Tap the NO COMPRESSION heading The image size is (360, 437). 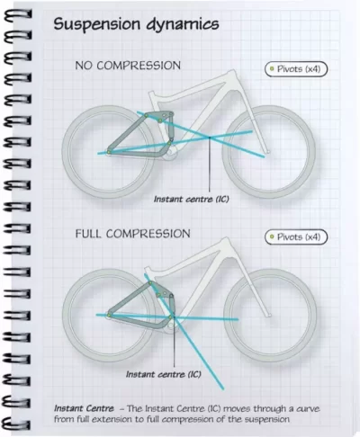coord(128,66)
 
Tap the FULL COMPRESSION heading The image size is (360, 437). coord(132,234)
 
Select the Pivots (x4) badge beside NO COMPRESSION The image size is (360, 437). coord(296,69)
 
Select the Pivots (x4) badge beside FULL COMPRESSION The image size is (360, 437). coord(296,237)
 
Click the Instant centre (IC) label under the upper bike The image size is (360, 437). coord(192,199)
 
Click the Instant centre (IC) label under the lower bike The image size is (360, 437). coord(164,374)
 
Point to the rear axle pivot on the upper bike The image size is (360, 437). coord(109,152)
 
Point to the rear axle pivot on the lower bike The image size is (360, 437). coord(109,316)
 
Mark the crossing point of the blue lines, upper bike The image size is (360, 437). coord(210,138)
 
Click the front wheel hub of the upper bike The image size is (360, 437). coord(268,152)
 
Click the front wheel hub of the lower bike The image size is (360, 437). coord(269,316)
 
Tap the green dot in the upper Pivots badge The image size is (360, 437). coord(272,68)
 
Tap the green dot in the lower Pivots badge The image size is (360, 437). coord(272,236)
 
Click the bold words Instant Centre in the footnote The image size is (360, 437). coord(84,408)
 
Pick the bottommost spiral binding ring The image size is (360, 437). coord(16,424)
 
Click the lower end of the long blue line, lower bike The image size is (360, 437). coord(223,389)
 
